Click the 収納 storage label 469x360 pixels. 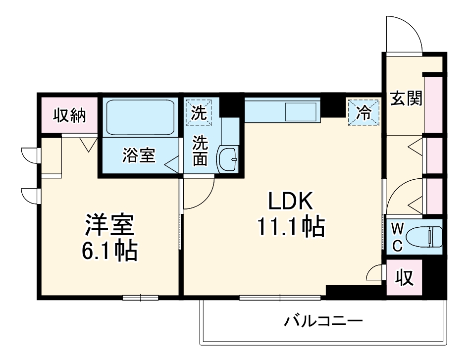[x=70, y=115]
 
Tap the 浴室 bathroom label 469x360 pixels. [x=139, y=155]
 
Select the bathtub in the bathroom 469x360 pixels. [x=140, y=117]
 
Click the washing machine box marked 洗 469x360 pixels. [x=199, y=112]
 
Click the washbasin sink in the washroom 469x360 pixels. [x=228, y=159]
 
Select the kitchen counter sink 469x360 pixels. [x=301, y=110]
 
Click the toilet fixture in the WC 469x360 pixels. [x=425, y=236]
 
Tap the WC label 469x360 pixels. [x=398, y=236]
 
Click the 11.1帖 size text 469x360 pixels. [x=290, y=227]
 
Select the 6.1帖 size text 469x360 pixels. [x=109, y=252]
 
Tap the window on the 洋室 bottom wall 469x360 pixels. [x=140, y=298]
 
